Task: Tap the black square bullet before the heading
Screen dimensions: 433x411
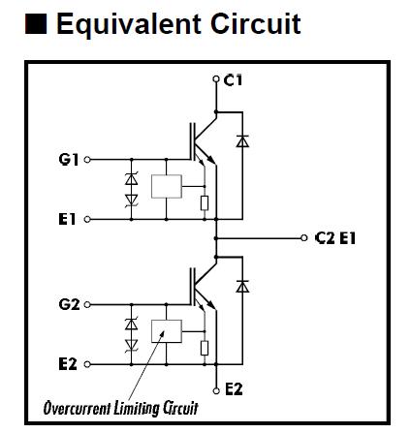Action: [35, 24]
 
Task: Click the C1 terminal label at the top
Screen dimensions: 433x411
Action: [233, 81]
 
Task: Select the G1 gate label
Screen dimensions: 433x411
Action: [70, 158]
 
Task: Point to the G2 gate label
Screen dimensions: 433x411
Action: [70, 304]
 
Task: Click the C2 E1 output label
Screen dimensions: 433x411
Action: [336, 236]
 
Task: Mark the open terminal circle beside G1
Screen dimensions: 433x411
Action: [88, 158]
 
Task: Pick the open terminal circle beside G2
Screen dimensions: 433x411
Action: [88, 304]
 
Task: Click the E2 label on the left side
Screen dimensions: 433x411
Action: [68, 364]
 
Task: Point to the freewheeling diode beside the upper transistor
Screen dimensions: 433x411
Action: [242, 141]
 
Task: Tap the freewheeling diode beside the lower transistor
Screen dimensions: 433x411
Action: [242, 287]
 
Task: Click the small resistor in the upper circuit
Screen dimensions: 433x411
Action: [204, 202]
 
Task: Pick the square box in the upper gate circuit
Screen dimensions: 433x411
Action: [167, 186]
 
